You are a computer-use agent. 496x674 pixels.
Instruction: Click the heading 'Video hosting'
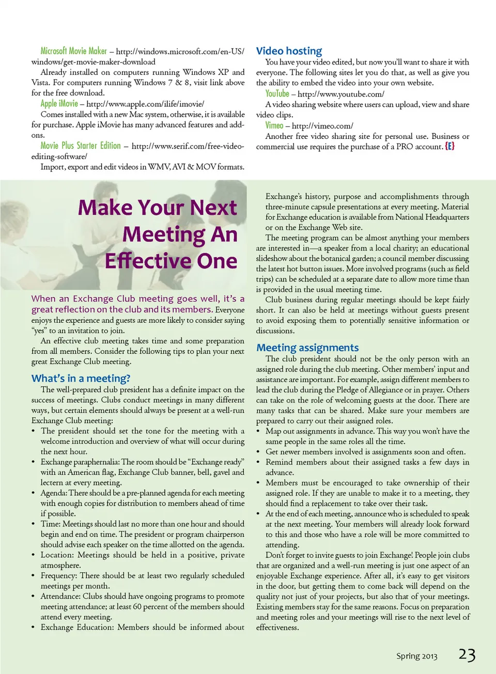point(289,51)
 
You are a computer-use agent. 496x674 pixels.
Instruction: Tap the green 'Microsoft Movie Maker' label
point(73,51)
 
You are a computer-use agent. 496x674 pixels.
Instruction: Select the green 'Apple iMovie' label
point(59,103)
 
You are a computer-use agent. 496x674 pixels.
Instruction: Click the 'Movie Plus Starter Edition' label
point(80,146)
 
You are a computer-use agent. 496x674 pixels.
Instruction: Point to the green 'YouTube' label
point(277,93)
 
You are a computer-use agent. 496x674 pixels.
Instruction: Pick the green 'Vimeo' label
point(274,125)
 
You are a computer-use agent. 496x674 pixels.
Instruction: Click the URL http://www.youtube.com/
point(341,94)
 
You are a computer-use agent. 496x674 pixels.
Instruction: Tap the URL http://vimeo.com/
point(322,126)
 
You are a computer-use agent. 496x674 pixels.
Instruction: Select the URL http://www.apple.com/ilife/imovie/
point(145,104)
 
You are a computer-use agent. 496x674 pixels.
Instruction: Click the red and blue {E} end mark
point(450,146)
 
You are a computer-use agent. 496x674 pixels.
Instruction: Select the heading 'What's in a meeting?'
point(81,378)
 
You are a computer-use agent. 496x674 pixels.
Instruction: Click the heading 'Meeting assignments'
point(307,348)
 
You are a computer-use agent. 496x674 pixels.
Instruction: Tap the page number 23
point(467,654)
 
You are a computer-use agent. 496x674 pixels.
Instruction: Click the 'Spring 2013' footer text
point(416,656)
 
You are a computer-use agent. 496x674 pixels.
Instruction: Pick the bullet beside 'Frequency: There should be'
point(33,576)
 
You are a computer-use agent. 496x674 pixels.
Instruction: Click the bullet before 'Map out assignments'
point(258,431)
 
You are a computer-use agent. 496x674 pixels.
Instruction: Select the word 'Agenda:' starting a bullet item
point(54,493)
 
